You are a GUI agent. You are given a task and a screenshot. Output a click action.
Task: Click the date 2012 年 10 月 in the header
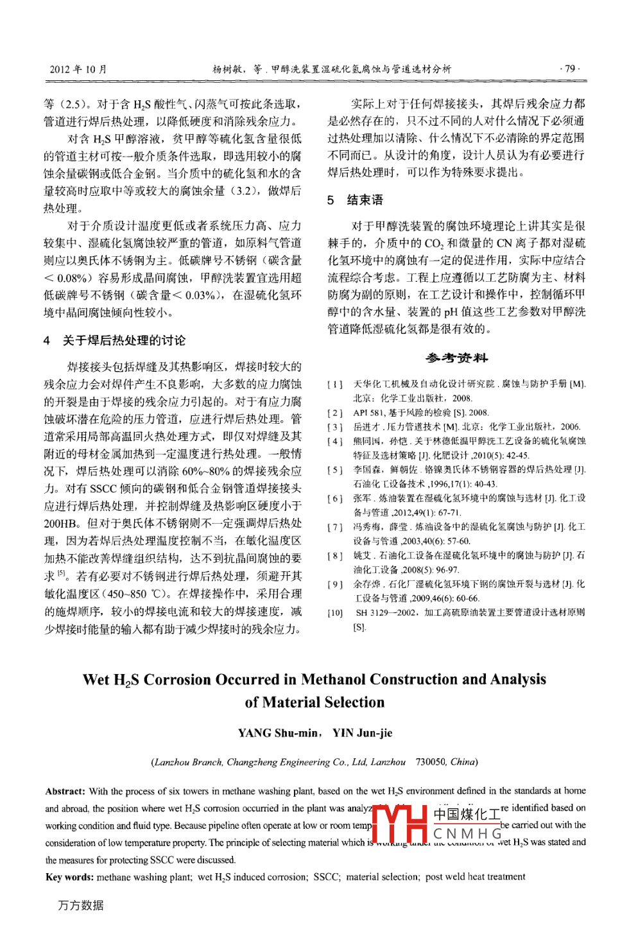pyautogui.click(x=78, y=69)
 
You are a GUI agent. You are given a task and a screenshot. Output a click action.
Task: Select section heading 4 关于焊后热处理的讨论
pyautogui.click(x=115, y=340)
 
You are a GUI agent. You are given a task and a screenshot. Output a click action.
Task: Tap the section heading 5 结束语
pyautogui.click(x=356, y=200)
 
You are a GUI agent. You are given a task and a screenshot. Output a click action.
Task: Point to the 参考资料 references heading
pyautogui.click(x=456, y=358)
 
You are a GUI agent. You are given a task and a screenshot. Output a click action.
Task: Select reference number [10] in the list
pyautogui.click(x=335, y=612)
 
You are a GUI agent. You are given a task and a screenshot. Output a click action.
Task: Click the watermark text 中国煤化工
pyautogui.click(x=467, y=814)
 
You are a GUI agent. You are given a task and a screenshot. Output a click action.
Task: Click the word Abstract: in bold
pyautogui.click(x=65, y=792)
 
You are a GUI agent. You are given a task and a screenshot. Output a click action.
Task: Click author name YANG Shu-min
pyautogui.click(x=278, y=733)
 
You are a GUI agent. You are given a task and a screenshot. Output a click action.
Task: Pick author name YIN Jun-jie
pyautogui.click(x=362, y=733)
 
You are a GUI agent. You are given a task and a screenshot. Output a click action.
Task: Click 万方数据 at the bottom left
pyautogui.click(x=81, y=905)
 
